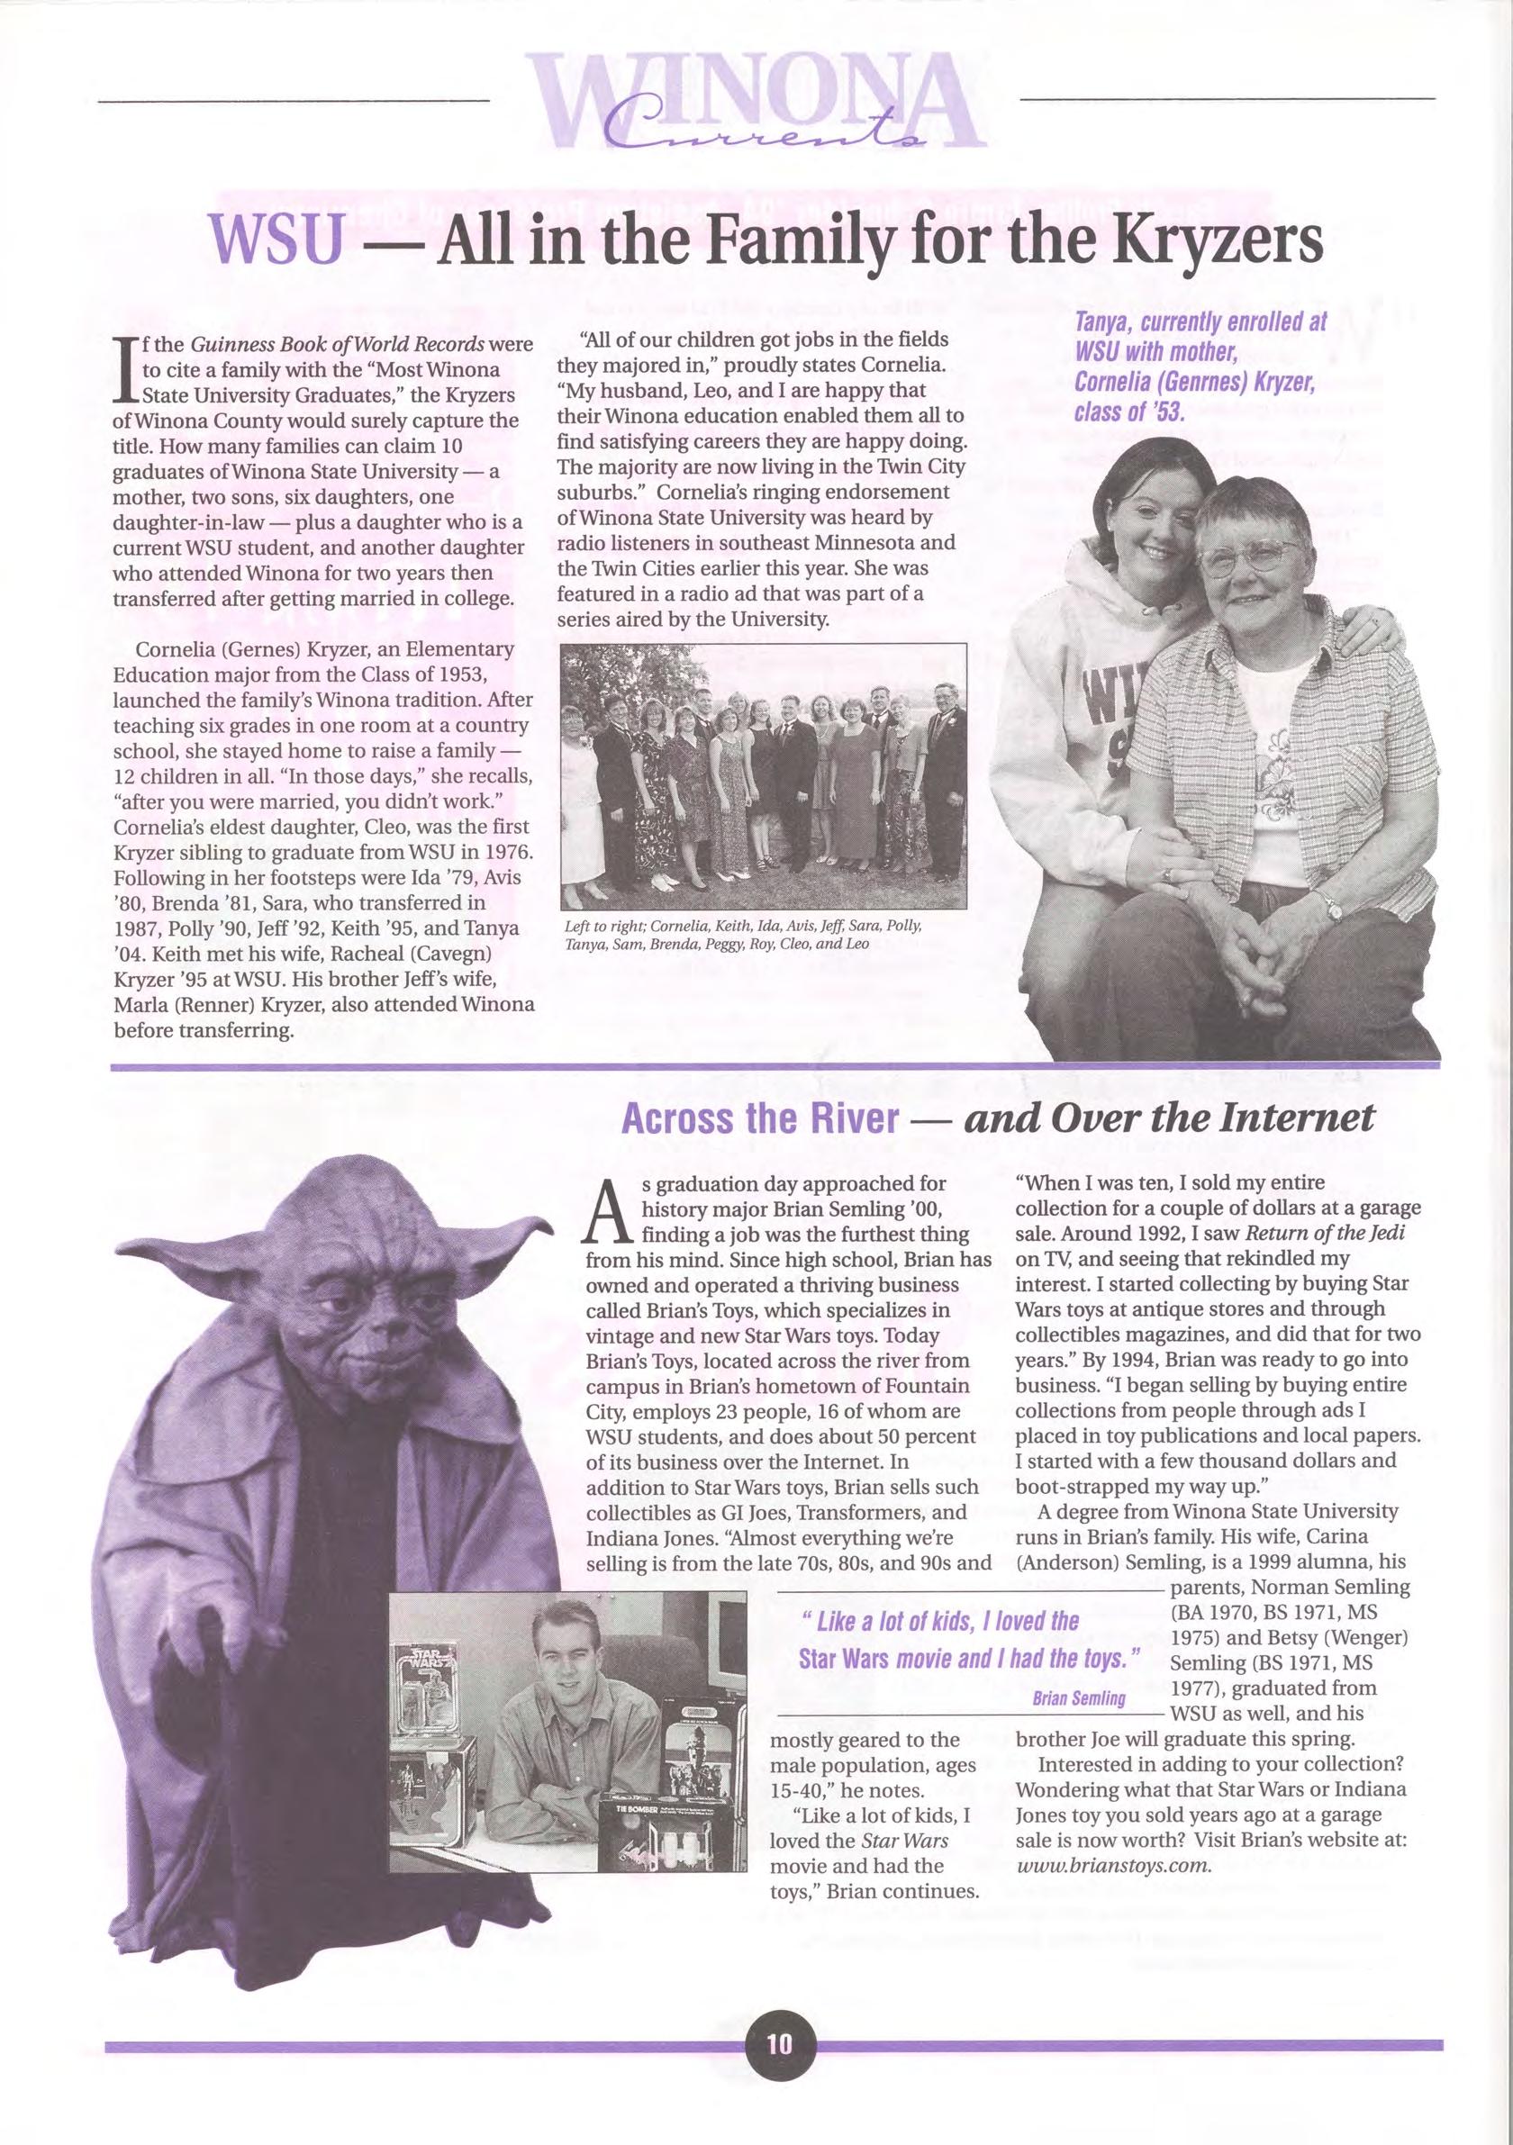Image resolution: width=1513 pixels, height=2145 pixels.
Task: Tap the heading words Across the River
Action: (x=759, y=1119)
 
